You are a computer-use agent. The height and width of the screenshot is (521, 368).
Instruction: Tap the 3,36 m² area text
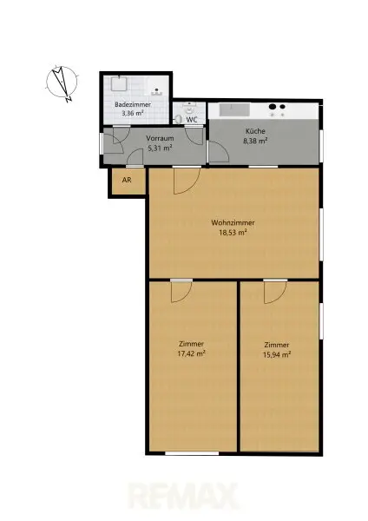(x=133, y=113)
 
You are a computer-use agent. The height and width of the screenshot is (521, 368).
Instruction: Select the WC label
(x=191, y=120)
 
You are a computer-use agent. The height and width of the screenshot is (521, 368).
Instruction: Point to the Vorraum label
(x=159, y=139)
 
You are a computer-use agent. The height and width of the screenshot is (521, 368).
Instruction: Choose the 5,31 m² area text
(x=159, y=148)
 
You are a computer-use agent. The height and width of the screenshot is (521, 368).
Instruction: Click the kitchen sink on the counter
(x=235, y=110)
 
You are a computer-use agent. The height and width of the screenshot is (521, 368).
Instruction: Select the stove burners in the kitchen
(x=279, y=110)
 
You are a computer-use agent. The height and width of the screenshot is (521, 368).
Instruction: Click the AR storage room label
(x=127, y=181)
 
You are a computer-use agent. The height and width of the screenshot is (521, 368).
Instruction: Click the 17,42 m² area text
(x=191, y=353)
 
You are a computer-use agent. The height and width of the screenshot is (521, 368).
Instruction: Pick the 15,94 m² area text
(x=277, y=353)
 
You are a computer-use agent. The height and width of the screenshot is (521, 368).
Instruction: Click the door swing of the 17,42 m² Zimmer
(x=181, y=291)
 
